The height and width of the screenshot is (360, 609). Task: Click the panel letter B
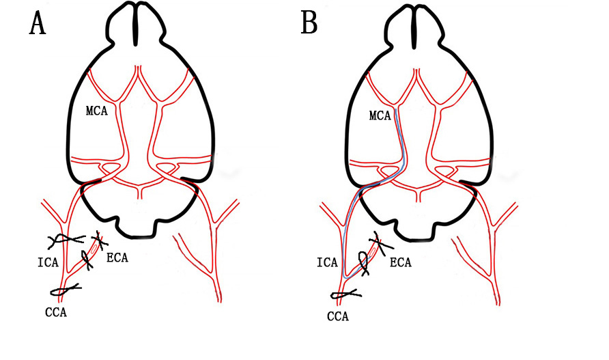pos(309,23)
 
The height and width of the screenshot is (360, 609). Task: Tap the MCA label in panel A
pos(96,111)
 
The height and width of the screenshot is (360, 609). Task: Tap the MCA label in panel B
pos(379,116)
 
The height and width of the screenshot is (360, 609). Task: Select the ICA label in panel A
pos(48,262)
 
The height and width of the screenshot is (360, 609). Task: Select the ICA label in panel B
pos(328,262)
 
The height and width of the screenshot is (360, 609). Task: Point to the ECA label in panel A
pos(117,258)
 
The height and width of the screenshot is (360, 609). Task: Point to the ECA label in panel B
pos(401,262)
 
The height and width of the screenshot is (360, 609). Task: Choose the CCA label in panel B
pos(338,316)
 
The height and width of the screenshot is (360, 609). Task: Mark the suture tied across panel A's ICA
pos(66,240)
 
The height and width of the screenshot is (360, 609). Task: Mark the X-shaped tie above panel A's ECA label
pos(100,240)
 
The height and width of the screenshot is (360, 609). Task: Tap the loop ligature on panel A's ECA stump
pos(88,258)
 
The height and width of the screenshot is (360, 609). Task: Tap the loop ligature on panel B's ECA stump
pos(363,261)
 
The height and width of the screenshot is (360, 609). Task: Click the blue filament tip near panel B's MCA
pos(396,109)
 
